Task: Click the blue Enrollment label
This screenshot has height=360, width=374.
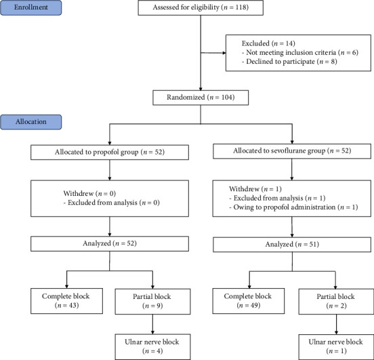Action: point(30,7)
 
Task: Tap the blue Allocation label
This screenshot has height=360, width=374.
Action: point(30,122)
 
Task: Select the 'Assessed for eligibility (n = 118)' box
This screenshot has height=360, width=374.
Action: point(201,7)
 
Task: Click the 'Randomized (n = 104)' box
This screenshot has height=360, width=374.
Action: point(201,98)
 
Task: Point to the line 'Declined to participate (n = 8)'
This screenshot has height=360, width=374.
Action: point(289,62)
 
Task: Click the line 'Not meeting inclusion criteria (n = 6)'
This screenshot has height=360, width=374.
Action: point(300,52)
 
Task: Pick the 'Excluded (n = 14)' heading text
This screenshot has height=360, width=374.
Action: point(268,43)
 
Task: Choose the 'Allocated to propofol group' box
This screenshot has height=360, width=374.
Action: point(110,153)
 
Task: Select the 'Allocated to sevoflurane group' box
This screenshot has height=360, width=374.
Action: point(292,151)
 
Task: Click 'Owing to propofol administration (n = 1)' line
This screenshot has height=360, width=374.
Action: point(293,207)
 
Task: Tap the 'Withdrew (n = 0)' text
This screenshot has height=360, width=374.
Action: point(89,193)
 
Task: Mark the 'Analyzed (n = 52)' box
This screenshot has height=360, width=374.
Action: point(110,244)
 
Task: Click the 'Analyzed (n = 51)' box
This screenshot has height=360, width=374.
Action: point(292,245)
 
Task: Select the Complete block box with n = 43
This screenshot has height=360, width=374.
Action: point(67,301)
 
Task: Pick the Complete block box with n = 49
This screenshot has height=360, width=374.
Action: point(249,301)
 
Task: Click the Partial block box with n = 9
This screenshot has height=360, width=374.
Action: point(152,302)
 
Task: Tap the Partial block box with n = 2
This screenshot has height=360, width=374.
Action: point(336,302)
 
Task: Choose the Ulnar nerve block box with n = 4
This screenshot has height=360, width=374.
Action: point(152,347)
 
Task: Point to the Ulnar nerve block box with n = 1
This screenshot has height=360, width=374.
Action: point(336,347)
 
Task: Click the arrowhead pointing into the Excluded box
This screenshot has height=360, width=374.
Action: point(224,53)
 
